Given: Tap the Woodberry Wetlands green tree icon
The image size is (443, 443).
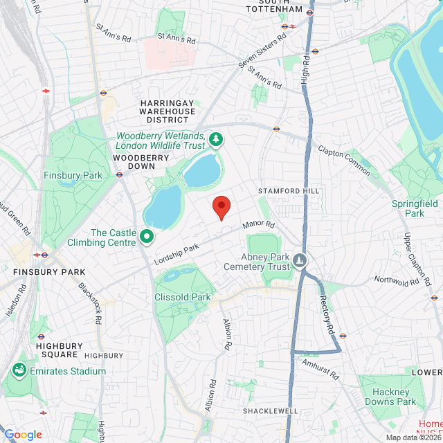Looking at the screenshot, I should [217, 141].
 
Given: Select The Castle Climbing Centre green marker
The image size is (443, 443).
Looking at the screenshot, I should [147, 237].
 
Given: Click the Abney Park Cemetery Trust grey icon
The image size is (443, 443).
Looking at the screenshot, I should [300, 261].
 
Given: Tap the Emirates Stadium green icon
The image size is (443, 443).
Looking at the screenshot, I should [19, 371].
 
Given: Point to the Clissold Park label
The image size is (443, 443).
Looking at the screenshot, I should [182, 297].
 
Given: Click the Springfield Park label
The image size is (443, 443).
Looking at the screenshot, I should [415, 208].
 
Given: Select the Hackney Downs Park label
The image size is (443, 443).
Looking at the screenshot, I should [388, 396].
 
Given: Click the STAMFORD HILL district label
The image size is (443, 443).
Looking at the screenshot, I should [289, 190].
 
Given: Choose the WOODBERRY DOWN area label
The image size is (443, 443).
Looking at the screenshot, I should [141, 162].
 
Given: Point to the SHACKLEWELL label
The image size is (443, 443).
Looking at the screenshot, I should [270, 410].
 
